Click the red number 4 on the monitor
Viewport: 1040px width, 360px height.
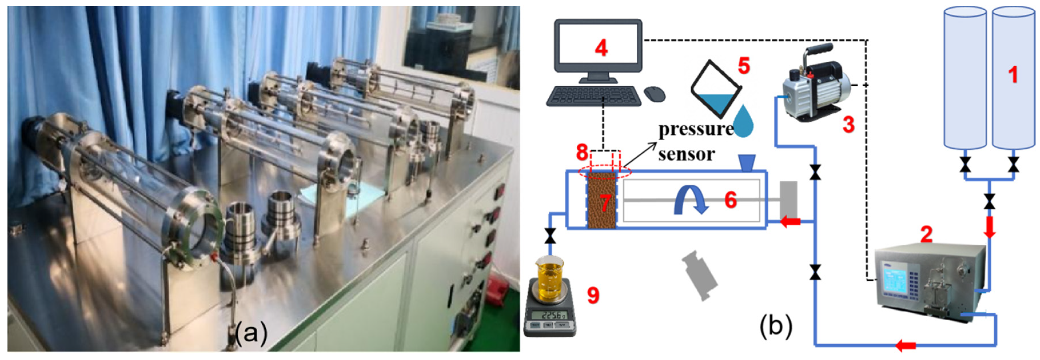[x=601, y=49]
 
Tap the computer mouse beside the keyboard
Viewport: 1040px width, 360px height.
[x=654, y=94]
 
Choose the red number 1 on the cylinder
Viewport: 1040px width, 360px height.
[x=1013, y=75]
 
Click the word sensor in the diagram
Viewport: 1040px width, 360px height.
[x=686, y=154]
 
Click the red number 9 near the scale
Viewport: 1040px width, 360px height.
[x=593, y=295]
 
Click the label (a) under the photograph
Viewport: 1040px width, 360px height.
[x=251, y=333]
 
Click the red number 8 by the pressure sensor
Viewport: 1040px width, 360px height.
[x=582, y=153]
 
